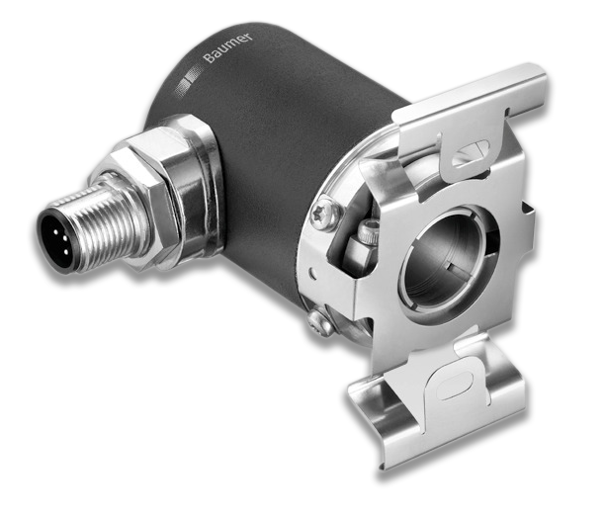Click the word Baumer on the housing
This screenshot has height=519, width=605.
(228, 47)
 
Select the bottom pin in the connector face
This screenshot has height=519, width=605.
(65, 253)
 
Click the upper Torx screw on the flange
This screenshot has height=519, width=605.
(327, 213)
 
